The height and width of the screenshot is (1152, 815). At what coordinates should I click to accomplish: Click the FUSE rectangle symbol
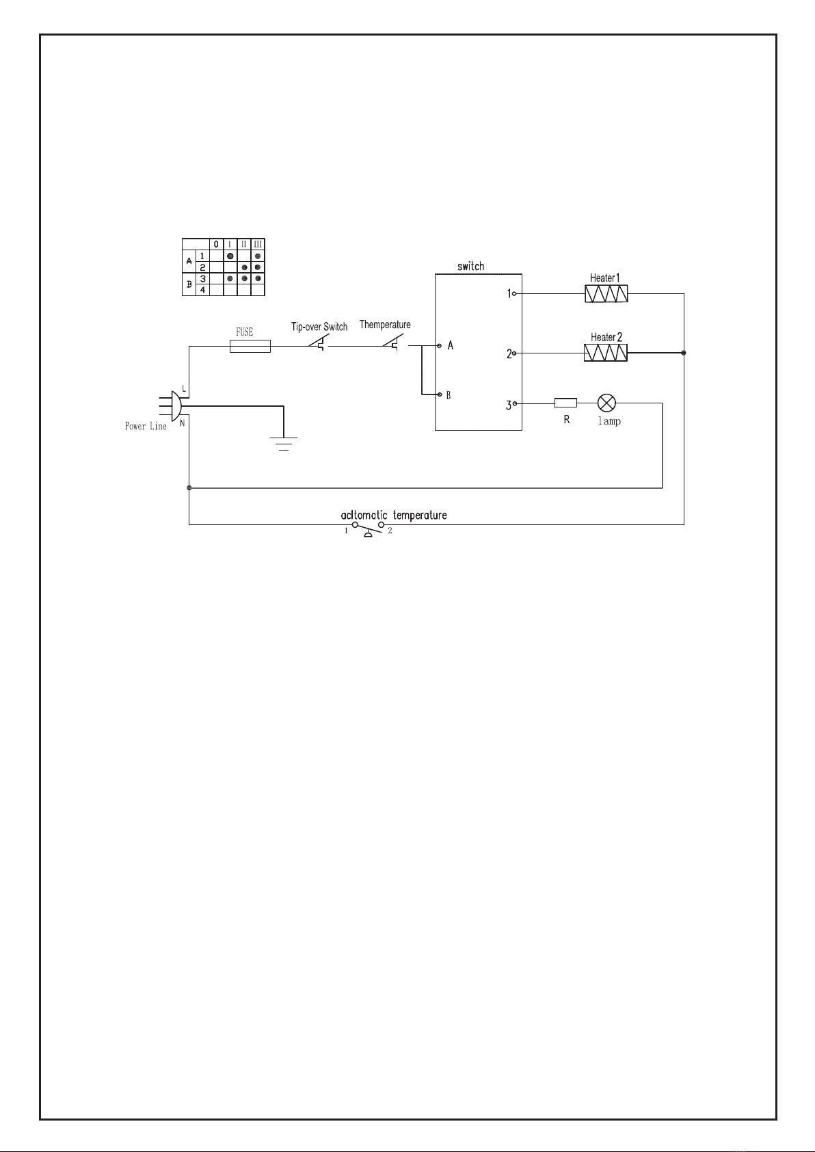[250, 347]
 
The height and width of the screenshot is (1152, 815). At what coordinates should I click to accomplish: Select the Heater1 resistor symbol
[606, 294]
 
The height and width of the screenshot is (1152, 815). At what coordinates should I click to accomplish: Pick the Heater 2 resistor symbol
[606, 353]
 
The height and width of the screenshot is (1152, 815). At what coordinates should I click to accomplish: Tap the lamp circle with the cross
[607, 403]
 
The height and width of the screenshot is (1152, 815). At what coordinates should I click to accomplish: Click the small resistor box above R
[565, 403]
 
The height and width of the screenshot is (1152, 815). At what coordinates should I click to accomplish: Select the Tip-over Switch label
[319, 327]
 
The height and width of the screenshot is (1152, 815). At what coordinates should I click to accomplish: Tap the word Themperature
[385, 325]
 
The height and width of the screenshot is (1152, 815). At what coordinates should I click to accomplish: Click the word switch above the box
[471, 266]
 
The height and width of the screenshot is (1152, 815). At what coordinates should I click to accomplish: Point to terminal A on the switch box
[438, 346]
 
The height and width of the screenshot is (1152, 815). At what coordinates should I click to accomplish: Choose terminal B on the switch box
[439, 395]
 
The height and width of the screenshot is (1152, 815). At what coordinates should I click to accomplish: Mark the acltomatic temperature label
[394, 515]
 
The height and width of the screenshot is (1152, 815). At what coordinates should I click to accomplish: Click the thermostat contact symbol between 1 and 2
[368, 529]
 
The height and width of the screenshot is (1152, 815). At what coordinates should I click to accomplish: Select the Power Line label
[146, 426]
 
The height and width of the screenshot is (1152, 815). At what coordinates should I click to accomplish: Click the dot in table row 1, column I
[230, 256]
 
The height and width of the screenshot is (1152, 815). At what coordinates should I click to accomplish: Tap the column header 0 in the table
[216, 244]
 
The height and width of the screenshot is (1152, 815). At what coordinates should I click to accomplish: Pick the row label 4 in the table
[202, 290]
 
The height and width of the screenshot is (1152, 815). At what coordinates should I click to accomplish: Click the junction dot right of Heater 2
[684, 353]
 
